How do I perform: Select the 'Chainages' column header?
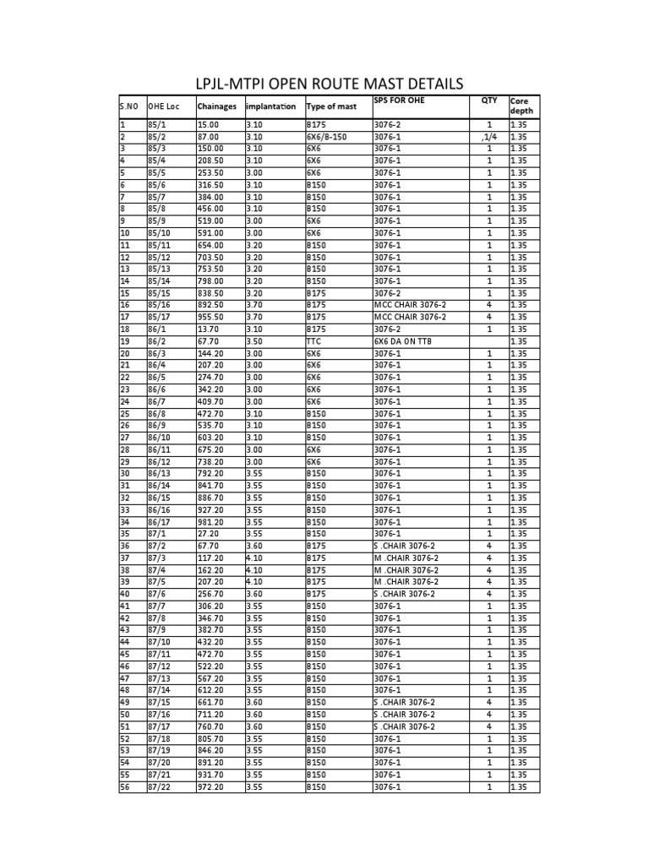coord(217,106)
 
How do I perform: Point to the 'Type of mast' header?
coord(331,106)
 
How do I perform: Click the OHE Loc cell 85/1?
coord(157,124)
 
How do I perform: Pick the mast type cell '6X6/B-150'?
coord(327,137)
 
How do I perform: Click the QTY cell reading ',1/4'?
coord(488,137)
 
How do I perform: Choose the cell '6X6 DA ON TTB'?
coord(404,341)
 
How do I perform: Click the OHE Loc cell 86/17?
coord(160,522)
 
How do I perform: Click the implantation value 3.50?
coord(254,341)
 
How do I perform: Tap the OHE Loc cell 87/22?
coord(160,786)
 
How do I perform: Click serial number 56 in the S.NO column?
coord(125,786)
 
